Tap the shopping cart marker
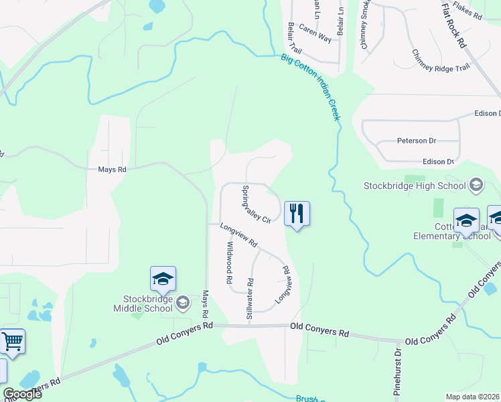(12, 342)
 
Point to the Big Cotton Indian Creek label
(311, 88)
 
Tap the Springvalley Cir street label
(256, 204)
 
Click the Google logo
(22, 394)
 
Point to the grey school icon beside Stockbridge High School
(476, 185)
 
